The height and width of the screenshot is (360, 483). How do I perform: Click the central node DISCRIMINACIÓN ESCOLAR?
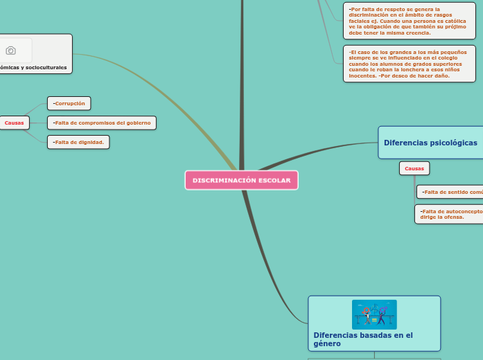[x=241, y=180]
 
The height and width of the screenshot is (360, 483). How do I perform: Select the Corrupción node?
[x=69, y=103]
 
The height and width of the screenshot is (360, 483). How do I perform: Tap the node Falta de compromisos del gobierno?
[x=102, y=123]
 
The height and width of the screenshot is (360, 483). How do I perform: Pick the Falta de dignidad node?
[x=79, y=142]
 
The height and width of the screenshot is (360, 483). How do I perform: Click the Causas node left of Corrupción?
[x=14, y=123]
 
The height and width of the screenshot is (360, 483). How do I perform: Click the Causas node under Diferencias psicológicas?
[x=414, y=168]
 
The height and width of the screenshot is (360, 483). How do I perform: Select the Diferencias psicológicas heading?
[x=430, y=143]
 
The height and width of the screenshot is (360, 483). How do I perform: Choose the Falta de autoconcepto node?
[x=450, y=213]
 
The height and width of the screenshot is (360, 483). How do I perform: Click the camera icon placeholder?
[x=10, y=51]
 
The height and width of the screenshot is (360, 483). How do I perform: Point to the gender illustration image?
[x=374, y=314]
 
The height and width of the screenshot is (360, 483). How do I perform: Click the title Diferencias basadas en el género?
[x=362, y=339]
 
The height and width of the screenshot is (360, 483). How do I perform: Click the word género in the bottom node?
[x=327, y=343]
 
